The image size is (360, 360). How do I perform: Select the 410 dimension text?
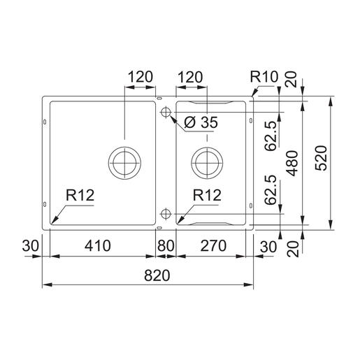coord(98,246)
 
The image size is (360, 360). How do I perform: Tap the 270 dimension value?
coord(209,246)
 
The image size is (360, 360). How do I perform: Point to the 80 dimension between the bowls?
coord(166,246)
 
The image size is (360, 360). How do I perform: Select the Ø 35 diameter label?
coord(202,124)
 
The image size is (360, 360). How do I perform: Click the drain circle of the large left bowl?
coord(124,161)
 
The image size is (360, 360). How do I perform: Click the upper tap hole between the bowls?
coord(166,113)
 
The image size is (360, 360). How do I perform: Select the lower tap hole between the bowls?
coord(166,213)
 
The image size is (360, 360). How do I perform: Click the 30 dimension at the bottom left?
coord(29,246)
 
